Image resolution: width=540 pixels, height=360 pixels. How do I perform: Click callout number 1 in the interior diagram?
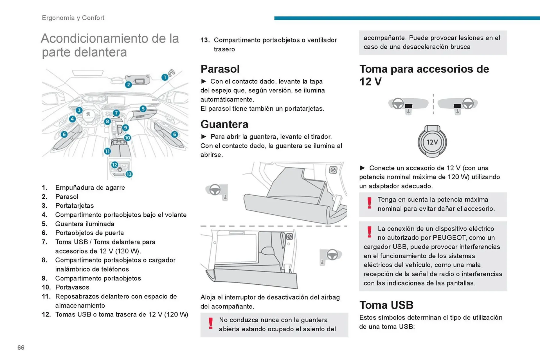point(165,77)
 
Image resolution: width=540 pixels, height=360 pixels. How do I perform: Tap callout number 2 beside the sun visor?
point(128,84)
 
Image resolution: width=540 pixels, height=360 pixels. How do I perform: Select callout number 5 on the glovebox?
point(143,108)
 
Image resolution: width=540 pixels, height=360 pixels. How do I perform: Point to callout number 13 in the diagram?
point(129,174)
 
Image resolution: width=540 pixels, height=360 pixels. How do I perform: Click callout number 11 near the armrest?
point(107,151)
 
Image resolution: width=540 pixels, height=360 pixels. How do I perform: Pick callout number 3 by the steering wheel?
point(79,110)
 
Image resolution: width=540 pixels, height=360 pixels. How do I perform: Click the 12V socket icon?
point(432,142)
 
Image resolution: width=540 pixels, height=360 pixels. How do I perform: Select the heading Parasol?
point(220,69)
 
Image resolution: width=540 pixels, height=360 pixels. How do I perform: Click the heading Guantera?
point(224,124)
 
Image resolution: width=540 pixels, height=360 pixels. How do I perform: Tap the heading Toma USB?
point(386,305)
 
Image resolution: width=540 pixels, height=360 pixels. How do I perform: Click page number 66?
point(21,348)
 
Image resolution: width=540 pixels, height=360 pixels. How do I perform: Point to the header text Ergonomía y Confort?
point(73,18)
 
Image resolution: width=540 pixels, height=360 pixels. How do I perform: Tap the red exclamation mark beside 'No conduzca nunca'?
point(211,323)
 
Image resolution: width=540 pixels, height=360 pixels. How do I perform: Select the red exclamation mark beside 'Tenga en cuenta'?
point(369,203)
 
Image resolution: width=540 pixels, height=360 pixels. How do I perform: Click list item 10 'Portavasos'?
point(72,287)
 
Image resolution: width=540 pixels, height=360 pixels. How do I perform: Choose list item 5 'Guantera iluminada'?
point(85,224)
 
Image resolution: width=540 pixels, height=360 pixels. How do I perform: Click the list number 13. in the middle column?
point(205,40)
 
